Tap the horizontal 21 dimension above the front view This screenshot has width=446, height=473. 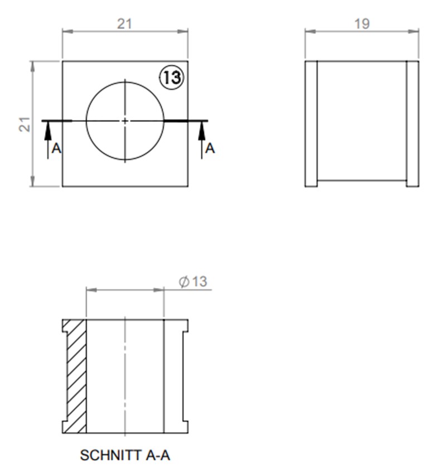125,24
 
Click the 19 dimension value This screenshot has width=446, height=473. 361,23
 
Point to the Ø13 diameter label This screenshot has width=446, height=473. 193,282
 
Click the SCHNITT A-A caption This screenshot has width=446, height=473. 125,455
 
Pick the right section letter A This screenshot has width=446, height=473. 210,148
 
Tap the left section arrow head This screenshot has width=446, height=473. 47,129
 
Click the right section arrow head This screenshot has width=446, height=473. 201,129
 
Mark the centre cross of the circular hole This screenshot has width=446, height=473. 125,120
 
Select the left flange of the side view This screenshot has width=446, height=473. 311,123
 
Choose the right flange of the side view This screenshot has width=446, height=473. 413,123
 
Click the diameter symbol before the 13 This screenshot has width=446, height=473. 184,282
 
